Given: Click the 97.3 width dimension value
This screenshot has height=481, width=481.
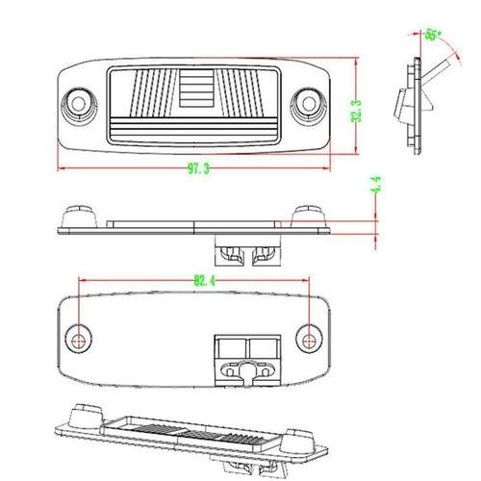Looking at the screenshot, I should pos(198,168).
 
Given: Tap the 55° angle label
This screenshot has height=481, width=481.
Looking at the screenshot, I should pos(433,36).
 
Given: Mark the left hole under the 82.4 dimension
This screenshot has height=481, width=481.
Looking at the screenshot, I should pos(79,337).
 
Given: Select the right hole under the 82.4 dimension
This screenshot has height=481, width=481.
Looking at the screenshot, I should pos(308,337).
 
